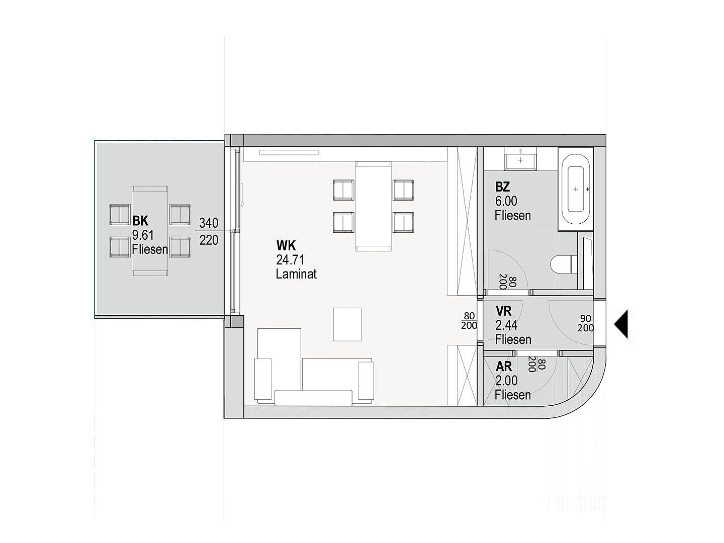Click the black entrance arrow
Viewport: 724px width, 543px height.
coord(621,324)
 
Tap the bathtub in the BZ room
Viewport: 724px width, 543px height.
coord(576,189)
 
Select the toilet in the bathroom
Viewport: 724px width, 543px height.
coord(564,264)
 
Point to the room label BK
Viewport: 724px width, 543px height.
coord(140,221)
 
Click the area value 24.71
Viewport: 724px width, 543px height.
coord(290,260)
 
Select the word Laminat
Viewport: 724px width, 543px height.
coord(296,274)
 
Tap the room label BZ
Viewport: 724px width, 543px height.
coord(502,187)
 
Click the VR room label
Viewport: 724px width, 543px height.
coord(503,311)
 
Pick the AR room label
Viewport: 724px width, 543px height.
coord(504,367)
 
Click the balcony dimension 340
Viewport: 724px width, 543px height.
coord(209,223)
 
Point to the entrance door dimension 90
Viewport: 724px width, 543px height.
coord(585,318)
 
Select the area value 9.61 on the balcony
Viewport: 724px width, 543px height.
coord(143,235)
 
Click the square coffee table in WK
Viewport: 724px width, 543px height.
coord(347,324)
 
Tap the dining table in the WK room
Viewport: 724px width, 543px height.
coord(373,206)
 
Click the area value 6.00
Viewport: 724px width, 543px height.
coord(506,201)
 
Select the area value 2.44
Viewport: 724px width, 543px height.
coord(506,325)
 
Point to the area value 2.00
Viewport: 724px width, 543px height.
coord(506,381)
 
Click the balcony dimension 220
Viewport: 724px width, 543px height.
coord(209,240)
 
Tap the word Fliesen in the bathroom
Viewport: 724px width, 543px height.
coord(513,216)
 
